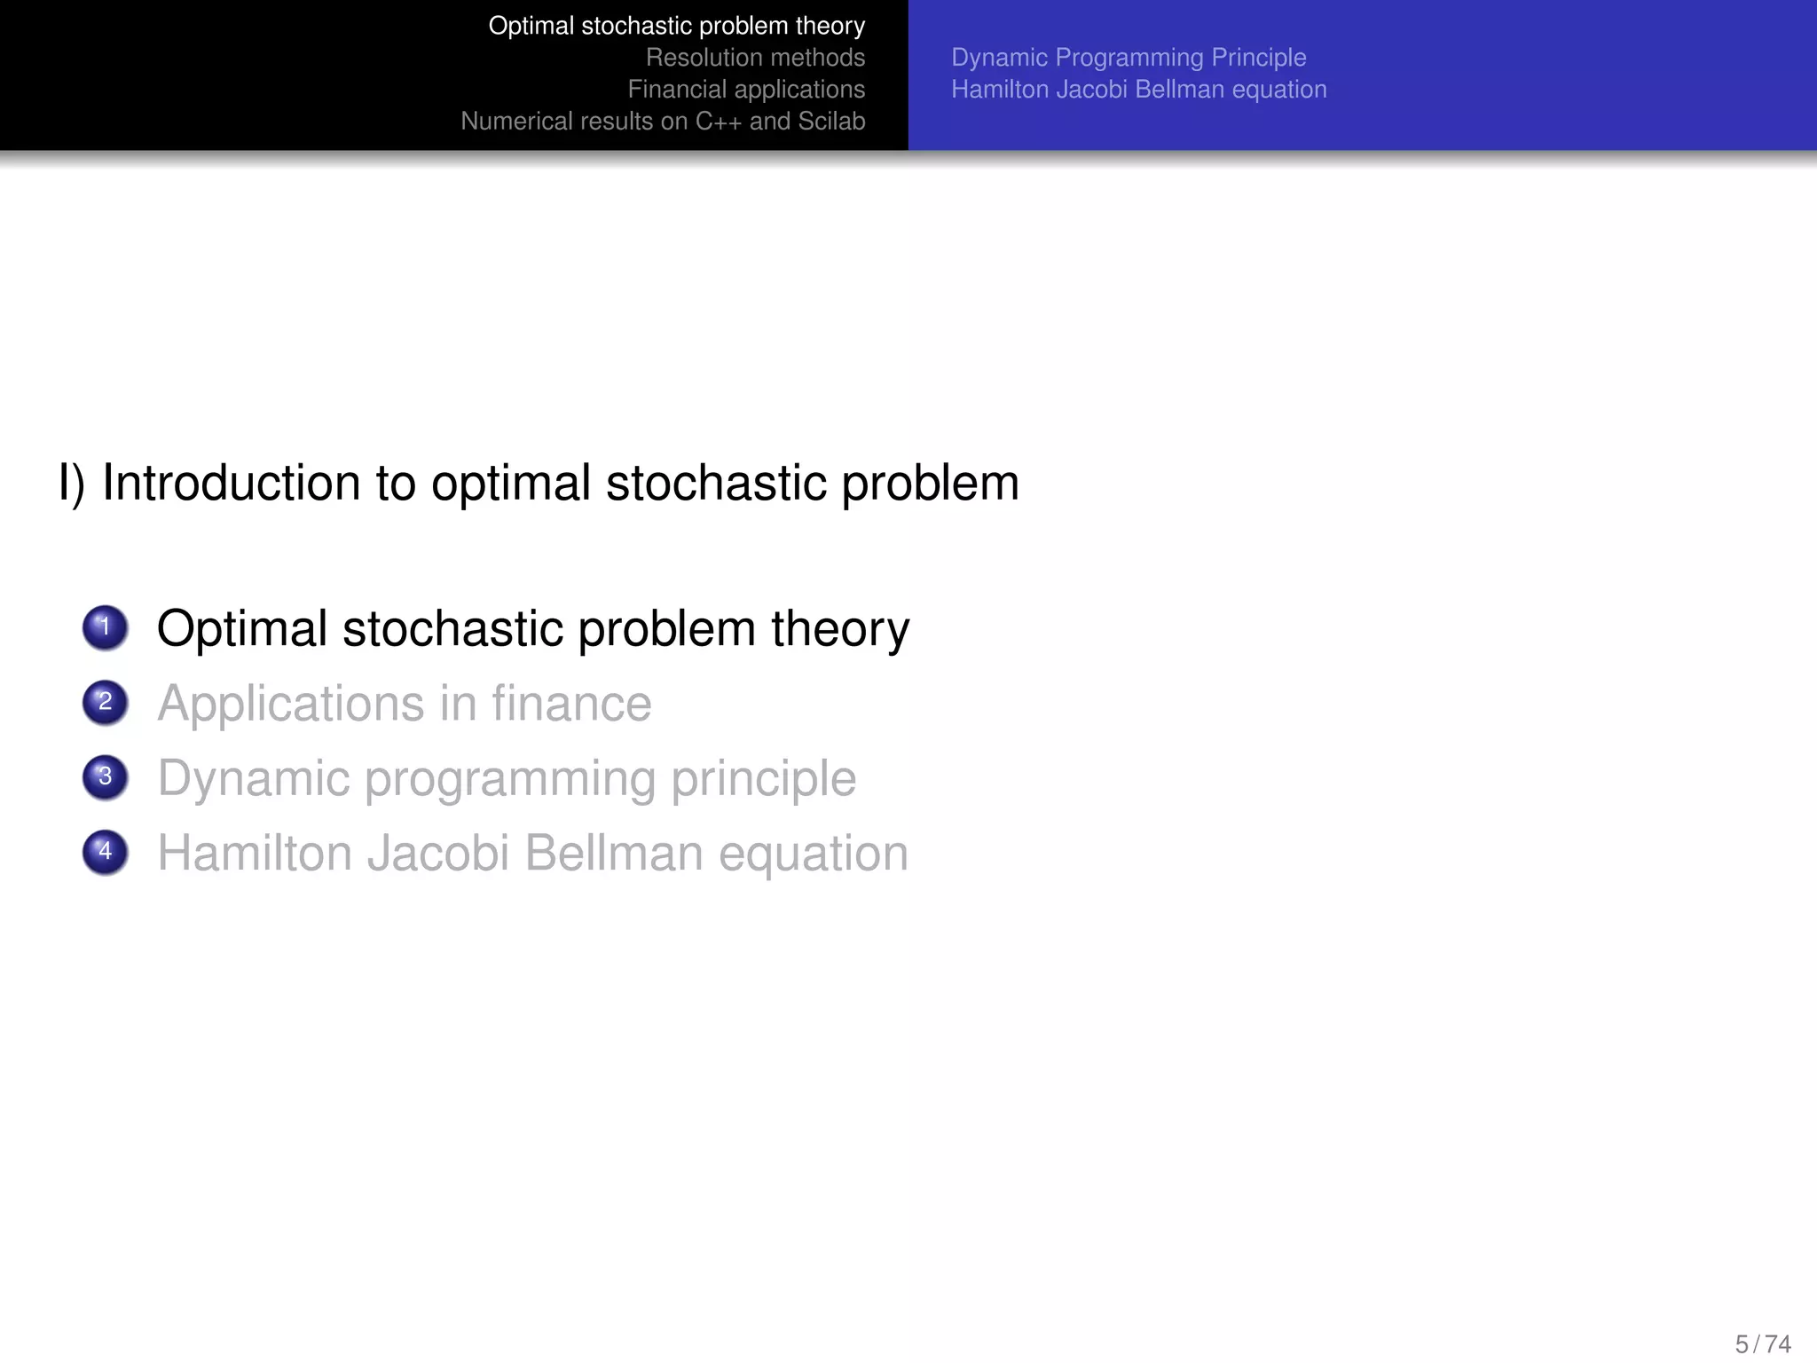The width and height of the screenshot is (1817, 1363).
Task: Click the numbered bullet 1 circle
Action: click(105, 627)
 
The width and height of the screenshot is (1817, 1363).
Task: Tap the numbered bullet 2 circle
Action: click(105, 703)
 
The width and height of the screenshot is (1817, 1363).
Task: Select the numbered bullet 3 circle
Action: click(105, 777)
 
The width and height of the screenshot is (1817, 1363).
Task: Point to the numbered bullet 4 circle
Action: click(105, 852)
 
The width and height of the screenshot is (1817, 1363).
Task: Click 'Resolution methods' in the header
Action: click(755, 58)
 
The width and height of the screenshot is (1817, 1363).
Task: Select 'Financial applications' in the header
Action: click(746, 90)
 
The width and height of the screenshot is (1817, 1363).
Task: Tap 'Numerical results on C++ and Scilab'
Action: click(663, 122)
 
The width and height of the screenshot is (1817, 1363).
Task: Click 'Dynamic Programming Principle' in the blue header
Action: click(1129, 58)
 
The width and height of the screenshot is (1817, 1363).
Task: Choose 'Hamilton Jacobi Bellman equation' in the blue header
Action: click(1139, 90)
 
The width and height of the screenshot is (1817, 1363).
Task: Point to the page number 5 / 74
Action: click(1763, 1343)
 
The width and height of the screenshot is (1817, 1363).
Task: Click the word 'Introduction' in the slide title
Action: click(231, 484)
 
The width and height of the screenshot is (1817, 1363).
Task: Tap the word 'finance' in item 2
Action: click(571, 704)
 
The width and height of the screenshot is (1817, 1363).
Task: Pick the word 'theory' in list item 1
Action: click(840, 628)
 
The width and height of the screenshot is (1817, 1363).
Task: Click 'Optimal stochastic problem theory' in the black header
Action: click(676, 26)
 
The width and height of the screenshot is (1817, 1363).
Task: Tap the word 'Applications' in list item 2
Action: click(291, 704)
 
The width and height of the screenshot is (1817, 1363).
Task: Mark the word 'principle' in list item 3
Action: click(763, 779)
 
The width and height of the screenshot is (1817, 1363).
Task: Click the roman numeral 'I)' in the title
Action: click(71, 484)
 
